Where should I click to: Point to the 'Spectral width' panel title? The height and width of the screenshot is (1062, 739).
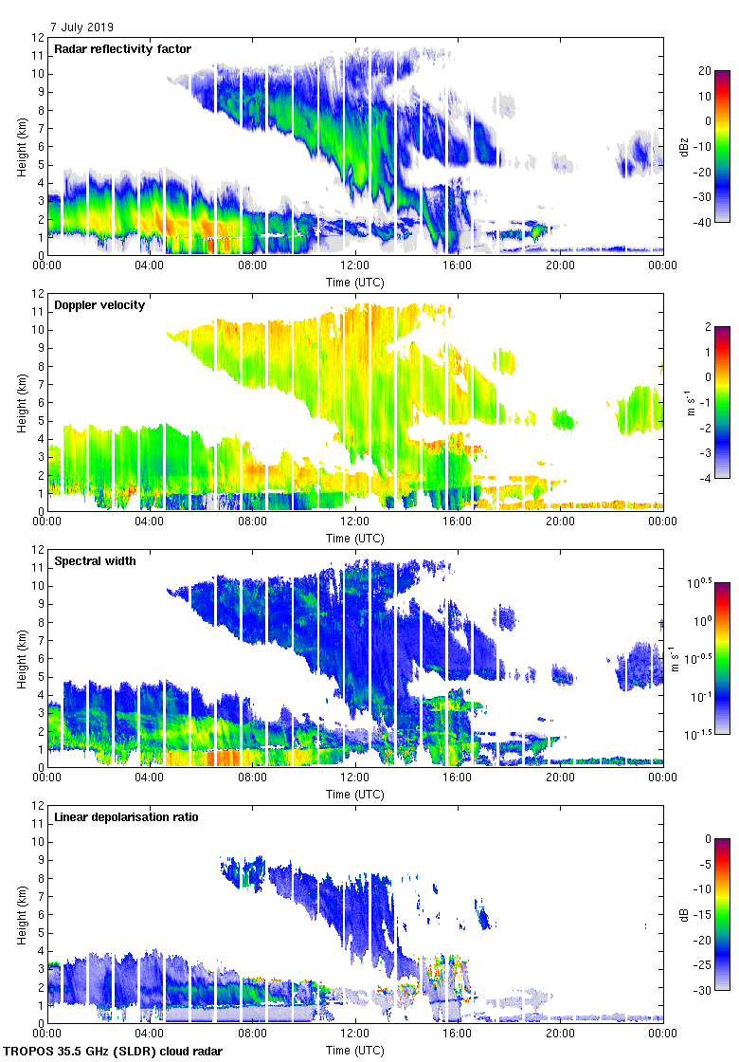pos(95,561)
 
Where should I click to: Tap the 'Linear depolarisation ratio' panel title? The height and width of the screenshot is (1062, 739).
pos(126,817)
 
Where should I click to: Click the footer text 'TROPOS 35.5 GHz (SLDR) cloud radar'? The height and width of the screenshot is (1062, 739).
pos(115,1052)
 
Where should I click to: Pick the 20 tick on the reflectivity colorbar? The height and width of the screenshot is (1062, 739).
pos(704,71)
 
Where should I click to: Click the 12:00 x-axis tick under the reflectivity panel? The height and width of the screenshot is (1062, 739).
pos(355,266)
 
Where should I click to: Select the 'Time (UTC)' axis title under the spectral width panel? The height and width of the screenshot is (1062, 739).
pos(355,794)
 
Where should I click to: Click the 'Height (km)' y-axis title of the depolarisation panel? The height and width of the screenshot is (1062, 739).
pos(21,914)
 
